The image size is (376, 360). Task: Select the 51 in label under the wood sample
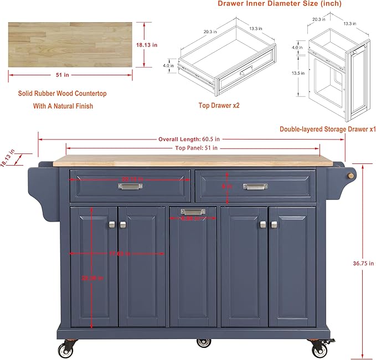click(70, 75)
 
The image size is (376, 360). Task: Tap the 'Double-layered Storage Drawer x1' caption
click(327, 129)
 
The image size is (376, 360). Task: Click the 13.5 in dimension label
click(298, 73)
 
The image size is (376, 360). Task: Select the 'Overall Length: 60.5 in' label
click(189, 139)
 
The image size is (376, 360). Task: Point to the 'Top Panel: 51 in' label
click(196, 148)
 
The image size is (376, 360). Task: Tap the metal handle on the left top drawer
click(130, 186)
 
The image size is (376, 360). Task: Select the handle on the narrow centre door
click(193, 212)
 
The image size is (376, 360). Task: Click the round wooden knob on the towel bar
click(350, 176)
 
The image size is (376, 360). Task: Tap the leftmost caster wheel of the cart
click(62, 349)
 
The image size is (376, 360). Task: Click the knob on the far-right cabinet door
click(274, 224)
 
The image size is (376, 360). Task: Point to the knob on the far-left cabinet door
click(112, 224)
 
